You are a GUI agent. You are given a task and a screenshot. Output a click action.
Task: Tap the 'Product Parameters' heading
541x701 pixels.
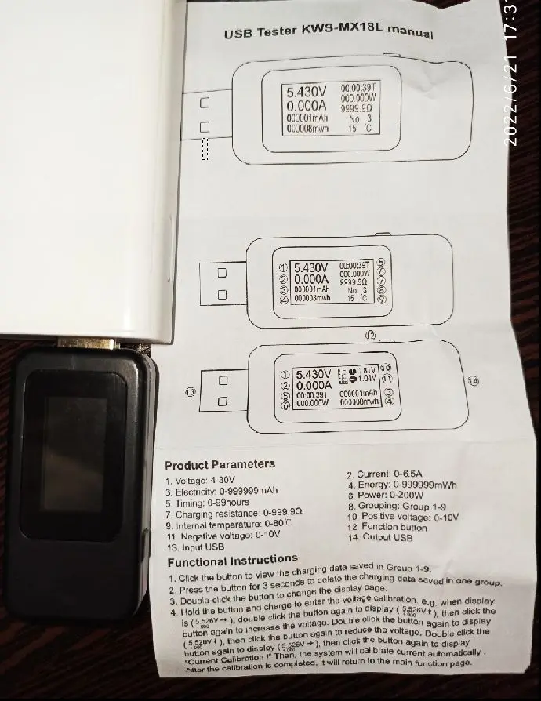pos(220,464)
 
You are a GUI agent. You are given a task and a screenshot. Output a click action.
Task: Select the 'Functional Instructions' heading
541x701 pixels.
pos(232,561)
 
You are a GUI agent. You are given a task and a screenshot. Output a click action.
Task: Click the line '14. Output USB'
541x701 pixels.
pos(382,537)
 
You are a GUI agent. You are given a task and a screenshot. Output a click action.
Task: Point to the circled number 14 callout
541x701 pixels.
pos(472,380)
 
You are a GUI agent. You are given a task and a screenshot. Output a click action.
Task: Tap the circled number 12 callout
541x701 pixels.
pos(371,335)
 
